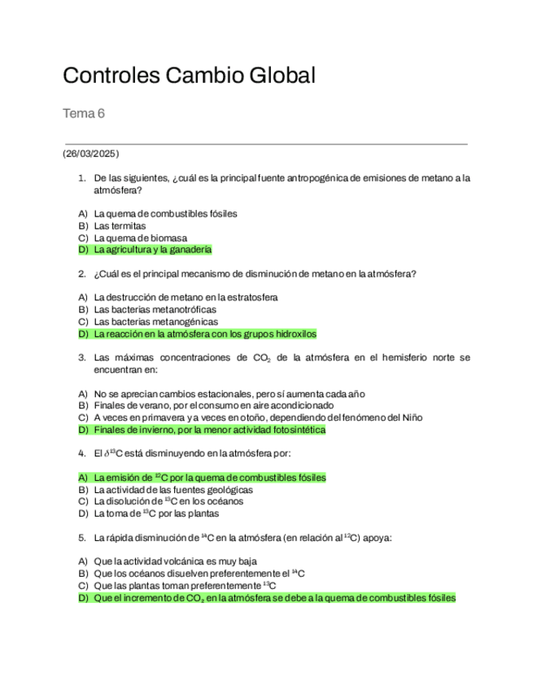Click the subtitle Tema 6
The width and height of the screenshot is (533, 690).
click(x=84, y=114)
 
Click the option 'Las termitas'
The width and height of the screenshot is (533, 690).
click(x=120, y=225)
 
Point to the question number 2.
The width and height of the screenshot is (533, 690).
click(x=82, y=273)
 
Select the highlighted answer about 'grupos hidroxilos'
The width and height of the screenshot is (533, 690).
click(x=205, y=334)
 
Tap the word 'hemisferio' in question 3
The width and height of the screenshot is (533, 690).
click(x=402, y=357)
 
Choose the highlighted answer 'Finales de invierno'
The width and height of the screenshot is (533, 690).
click(x=209, y=430)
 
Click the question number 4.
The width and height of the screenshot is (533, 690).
click(x=82, y=452)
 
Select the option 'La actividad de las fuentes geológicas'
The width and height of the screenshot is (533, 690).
click(x=173, y=490)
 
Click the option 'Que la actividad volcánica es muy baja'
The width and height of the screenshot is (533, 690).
click(x=175, y=561)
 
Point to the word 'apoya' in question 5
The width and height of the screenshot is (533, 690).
click(x=378, y=537)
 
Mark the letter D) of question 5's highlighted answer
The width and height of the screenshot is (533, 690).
click(x=82, y=598)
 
